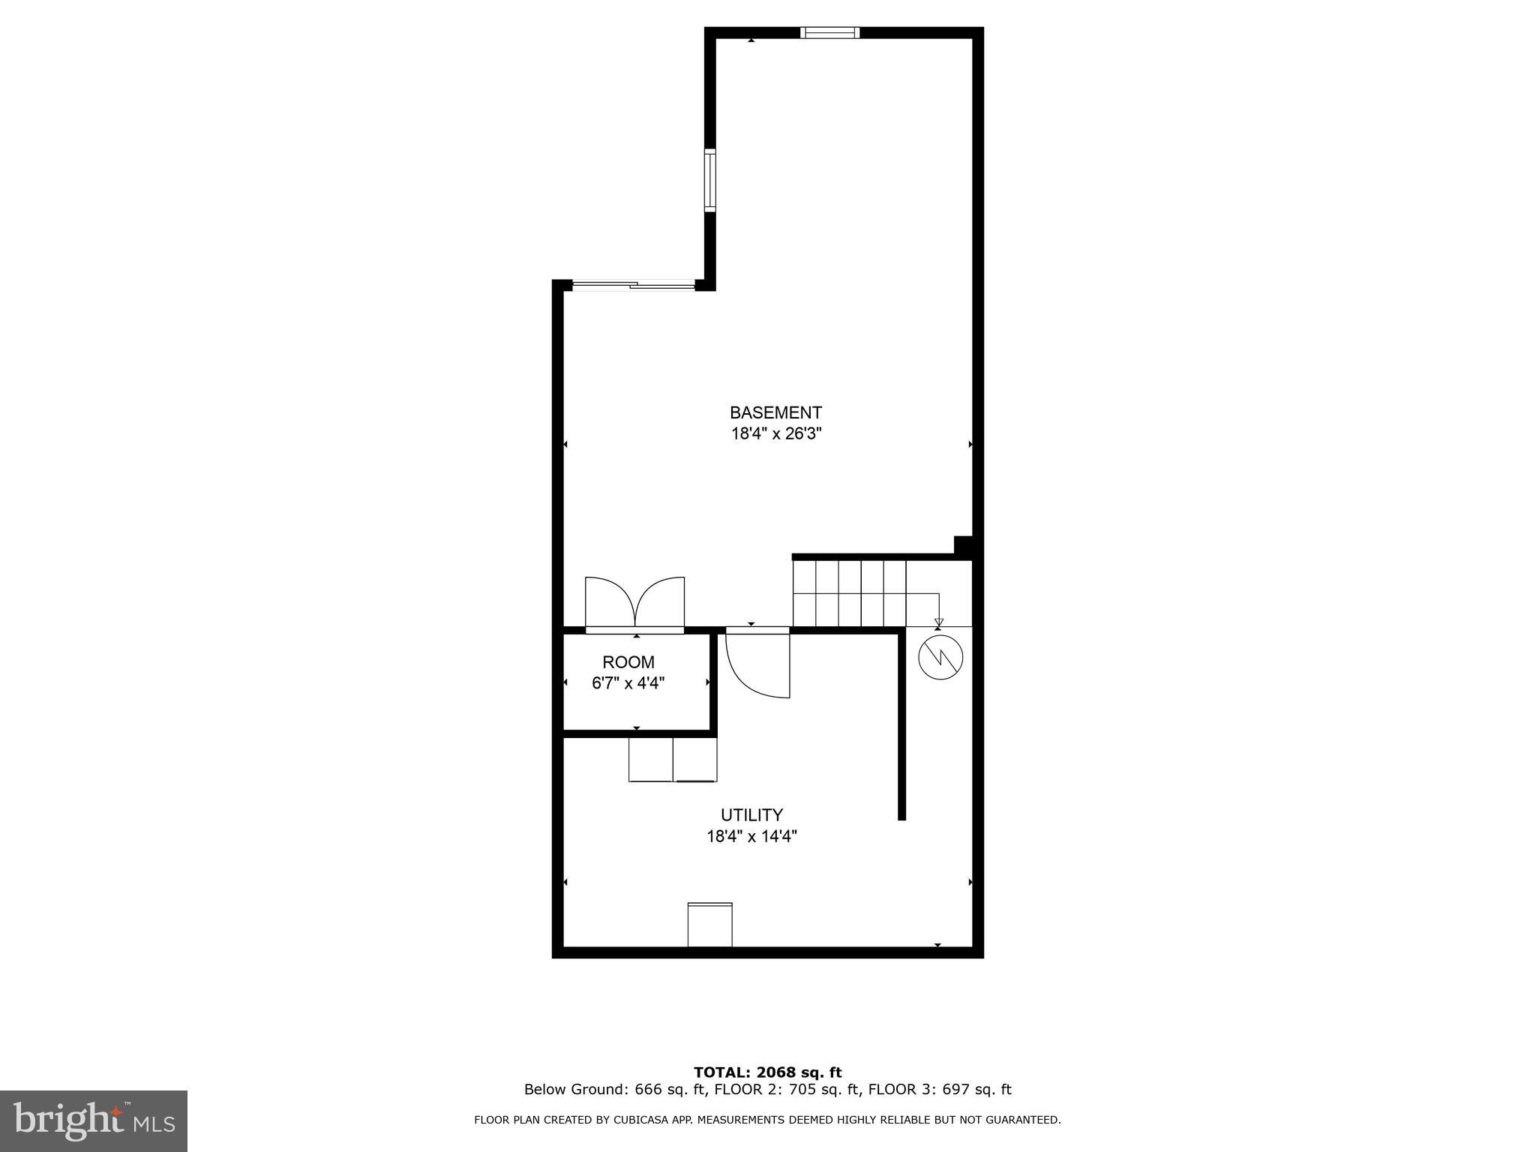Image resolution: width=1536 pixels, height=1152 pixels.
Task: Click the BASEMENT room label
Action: click(x=775, y=412)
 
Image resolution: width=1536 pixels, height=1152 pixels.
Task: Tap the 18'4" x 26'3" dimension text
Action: click(x=776, y=433)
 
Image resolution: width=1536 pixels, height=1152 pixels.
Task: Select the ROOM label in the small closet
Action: click(x=628, y=662)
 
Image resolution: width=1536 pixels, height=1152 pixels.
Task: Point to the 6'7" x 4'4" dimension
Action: click(x=628, y=683)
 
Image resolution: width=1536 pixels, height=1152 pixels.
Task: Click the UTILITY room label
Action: click(x=751, y=814)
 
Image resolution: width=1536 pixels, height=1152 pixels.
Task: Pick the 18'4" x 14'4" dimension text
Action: click(x=751, y=836)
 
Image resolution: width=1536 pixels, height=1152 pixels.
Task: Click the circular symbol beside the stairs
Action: click(x=940, y=657)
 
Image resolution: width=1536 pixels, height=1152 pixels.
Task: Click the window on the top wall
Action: click(x=829, y=32)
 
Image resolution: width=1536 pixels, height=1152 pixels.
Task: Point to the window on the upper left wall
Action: click(x=709, y=180)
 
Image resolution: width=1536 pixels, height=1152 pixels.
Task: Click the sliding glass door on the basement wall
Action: click(x=634, y=284)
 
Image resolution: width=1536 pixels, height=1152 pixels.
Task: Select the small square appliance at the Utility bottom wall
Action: click(x=709, y=925)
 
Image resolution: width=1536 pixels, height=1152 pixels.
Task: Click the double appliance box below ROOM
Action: click(x=673, y=760)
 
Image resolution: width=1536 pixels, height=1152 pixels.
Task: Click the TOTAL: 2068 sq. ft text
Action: click(x=767, y=1072)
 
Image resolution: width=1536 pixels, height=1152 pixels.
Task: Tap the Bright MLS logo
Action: click(x=94, y=1120)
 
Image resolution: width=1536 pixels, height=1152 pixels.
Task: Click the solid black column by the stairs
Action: click(x=963, y=547)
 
